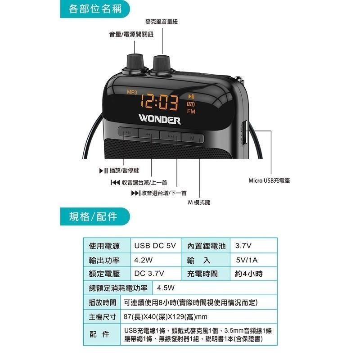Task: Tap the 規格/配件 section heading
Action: point(93,217)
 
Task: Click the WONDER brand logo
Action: point(159,120)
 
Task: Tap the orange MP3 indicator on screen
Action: point(132,92)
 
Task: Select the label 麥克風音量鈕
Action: point(162,22)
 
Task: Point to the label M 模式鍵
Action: point(199,202)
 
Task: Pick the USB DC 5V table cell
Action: point(155,246)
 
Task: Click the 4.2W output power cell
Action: point(144,260)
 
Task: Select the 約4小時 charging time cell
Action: point(248,274)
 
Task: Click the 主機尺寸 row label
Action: point(103,316)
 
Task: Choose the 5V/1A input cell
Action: point(247,260)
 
